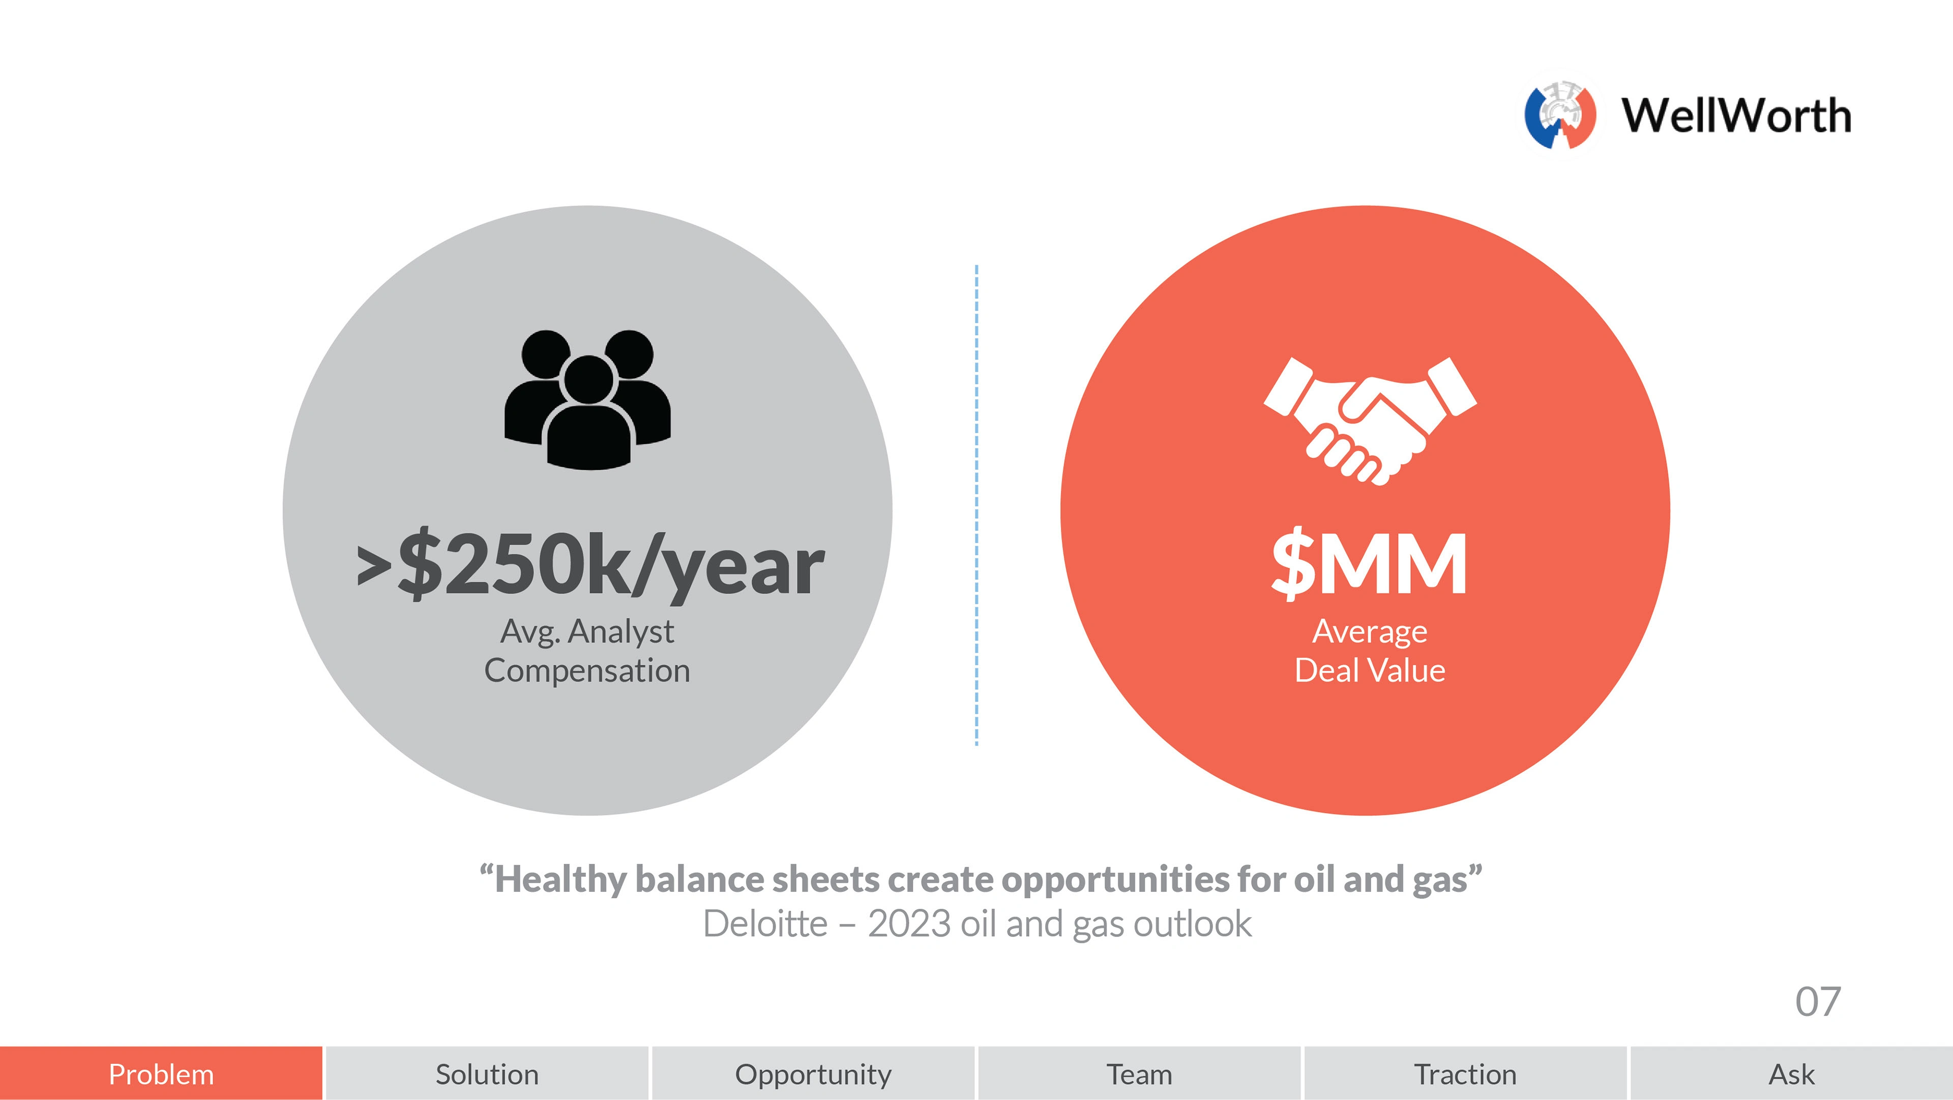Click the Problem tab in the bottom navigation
[161, 1074]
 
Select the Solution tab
[487, 1074]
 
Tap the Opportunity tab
[813, 1074]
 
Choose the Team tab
[1139, 1074]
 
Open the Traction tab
[1465, 1074]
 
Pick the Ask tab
[1791, 1074]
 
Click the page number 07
[1817, 1002]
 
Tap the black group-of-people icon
[587, 400]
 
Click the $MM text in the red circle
[1369, 563]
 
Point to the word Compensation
[587, 670]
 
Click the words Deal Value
[1369, 670]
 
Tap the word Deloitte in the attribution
[765, 924]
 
